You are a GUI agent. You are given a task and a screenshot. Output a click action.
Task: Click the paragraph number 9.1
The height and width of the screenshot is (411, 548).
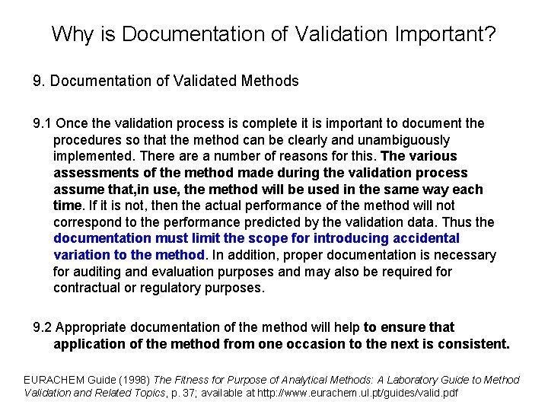pyautogui.click(x=43, y=123)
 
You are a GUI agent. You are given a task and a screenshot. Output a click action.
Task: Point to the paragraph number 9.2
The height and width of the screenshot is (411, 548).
pyautogui.click(x=43, y=327)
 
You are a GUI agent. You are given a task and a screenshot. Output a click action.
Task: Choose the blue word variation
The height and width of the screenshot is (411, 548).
pyautogui.click(x=80, y=255)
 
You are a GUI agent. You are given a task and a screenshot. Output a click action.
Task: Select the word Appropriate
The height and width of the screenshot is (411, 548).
pyautogui.click(x=93, y=327)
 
